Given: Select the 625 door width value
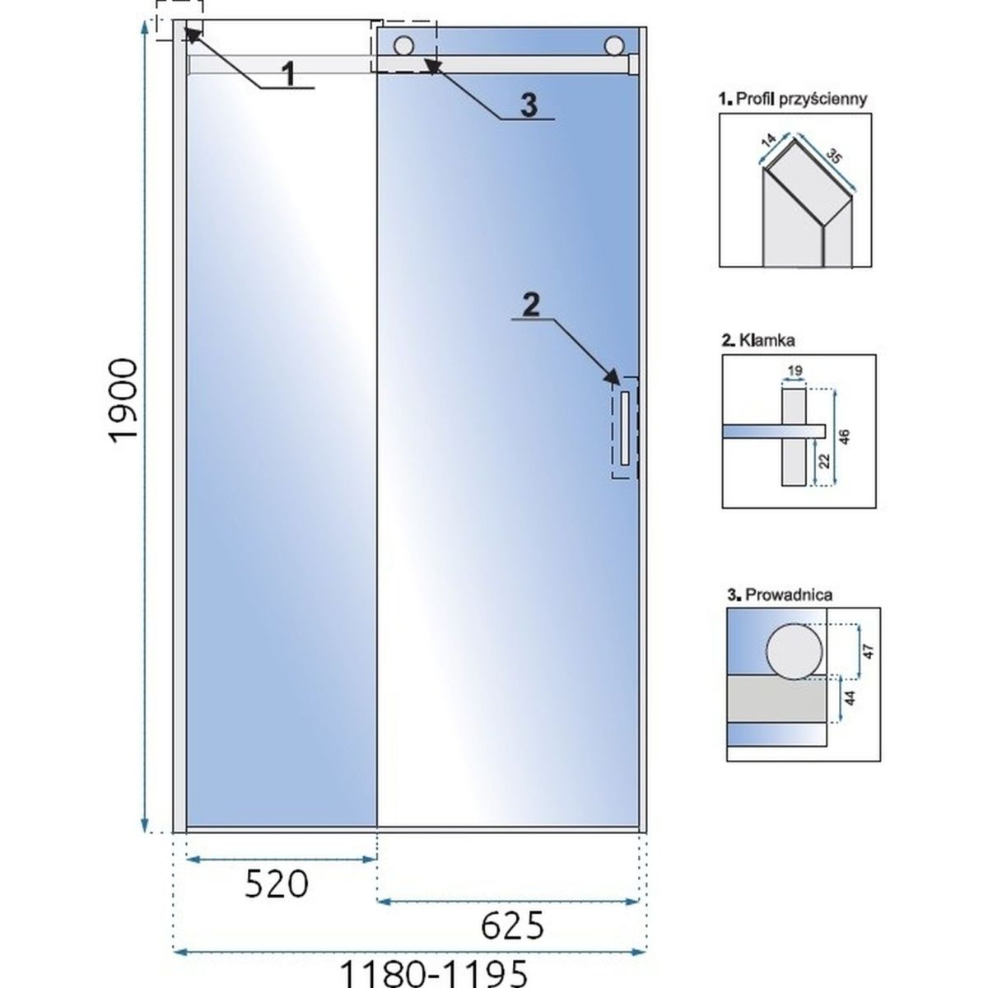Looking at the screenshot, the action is [x=512, y=926].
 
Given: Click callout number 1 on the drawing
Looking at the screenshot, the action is [x=290, y=74].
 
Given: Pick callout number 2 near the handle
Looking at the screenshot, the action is [x=531, y=306].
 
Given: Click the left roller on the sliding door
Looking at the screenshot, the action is [x=403, y=45].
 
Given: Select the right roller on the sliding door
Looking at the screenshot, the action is [x=614, y=45].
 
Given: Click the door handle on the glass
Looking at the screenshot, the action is [x=624, y=428].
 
